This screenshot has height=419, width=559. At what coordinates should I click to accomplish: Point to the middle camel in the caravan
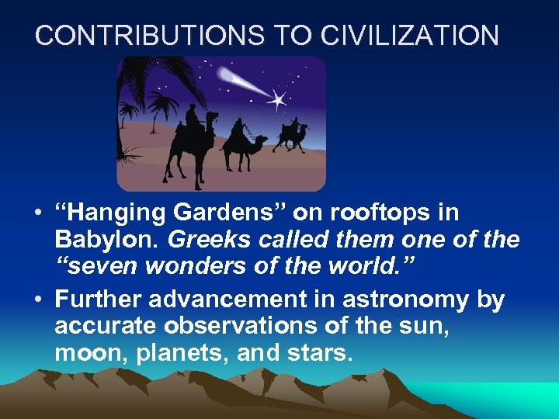click(242, 144)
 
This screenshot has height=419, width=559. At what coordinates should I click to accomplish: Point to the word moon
click(85, 354)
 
